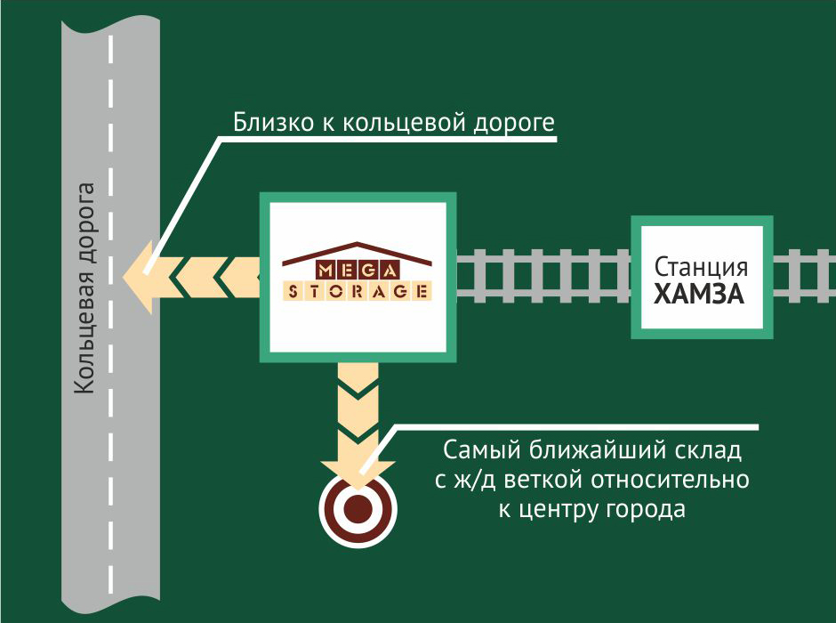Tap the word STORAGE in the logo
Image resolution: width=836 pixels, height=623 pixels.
(358, 291)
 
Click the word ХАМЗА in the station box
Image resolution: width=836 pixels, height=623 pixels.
(699, 294)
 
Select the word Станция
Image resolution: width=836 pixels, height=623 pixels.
(700, 267)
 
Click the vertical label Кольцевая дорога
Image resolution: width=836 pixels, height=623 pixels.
(85, 288)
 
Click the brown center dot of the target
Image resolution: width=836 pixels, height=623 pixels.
(357, 508)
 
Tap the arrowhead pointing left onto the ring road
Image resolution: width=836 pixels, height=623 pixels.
(141, 278)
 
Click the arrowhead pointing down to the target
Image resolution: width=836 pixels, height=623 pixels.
(357, 470)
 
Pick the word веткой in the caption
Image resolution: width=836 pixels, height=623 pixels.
(542, 481)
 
